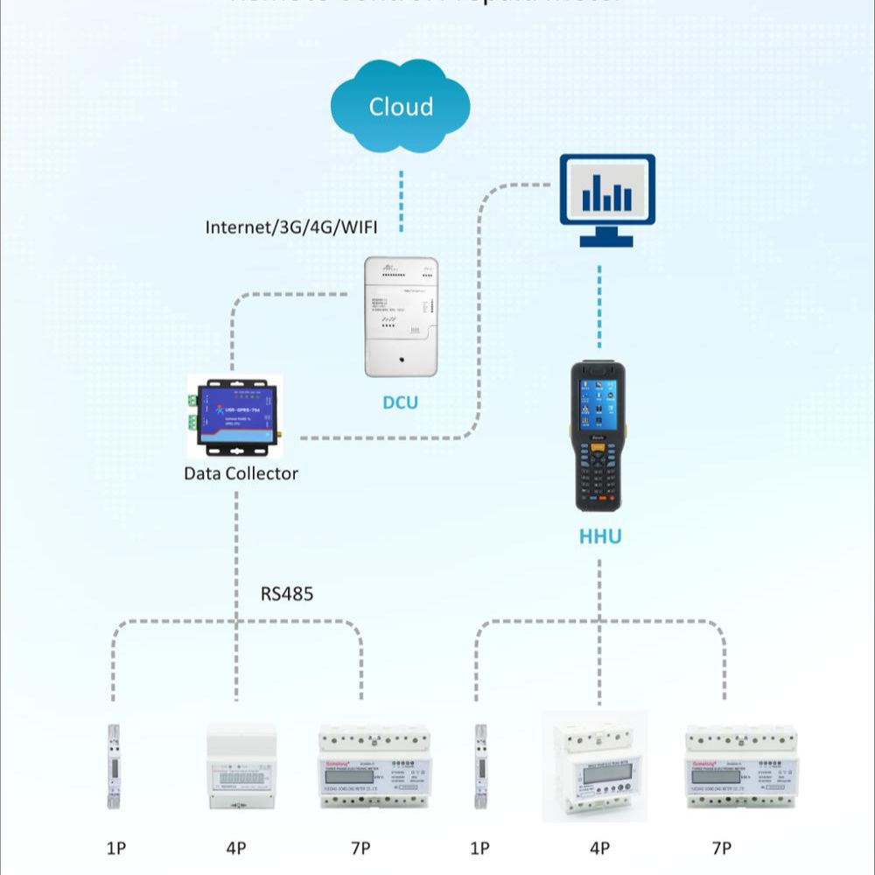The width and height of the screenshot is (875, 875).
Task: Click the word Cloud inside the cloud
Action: click(x=401, y=107)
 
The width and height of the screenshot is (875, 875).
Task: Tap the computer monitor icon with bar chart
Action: click(x=607, y=199)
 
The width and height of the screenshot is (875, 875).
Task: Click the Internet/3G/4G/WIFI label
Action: click(x=290, y=227)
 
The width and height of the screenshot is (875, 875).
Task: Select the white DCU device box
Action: click(x=401, y=317)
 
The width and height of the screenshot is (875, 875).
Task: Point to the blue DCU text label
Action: click(x=400, y=402)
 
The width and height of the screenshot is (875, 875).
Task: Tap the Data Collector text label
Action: click(x=241, y=473)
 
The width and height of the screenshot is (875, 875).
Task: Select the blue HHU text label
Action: click(x=600, y=536)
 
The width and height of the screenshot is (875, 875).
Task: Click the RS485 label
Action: click(x=287, y=594)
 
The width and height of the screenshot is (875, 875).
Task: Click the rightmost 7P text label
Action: click(x=721, y=848)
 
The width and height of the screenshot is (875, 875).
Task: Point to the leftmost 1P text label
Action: click(x=115, y=848)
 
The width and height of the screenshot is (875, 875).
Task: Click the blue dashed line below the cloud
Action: click(x=402, y=201)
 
